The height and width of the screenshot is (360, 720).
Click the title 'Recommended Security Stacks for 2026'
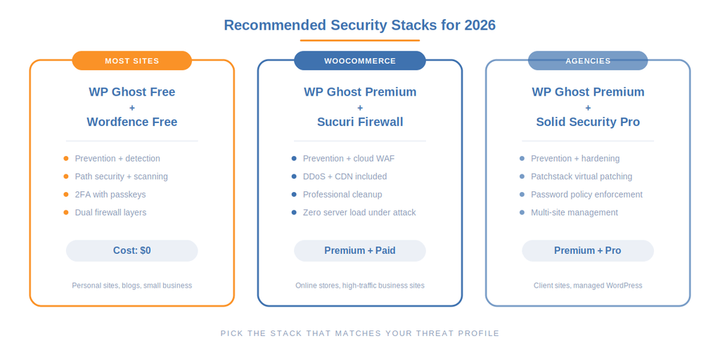pyautogui.click(x=359, y=25)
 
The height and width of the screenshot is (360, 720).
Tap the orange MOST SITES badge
pyautogui.click(x=131, y=61)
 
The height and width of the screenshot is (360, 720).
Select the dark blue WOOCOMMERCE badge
pyautogui.click(x=359, y=61)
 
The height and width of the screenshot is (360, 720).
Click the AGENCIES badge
pyautogui.click(x=587, y=61)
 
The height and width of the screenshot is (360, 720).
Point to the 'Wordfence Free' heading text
pyautogui.click(x=131, y=122)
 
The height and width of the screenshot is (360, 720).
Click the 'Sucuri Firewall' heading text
pyautogui.click(x=359, y=122)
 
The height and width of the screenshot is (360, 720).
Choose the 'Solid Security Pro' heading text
pyautogui.click(x=587, y=122)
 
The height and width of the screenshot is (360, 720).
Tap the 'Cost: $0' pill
pyautogui.click(x=131, y=251)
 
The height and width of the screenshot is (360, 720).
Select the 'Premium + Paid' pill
pyautogui.click(x=359, y=251)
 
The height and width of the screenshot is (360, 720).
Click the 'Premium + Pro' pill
pyautogui.click(x=587, y=251)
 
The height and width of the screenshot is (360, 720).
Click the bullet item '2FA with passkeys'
pyautogui.click(x=110, y=195)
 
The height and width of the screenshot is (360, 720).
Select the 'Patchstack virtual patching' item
pyautogui.click(x=581, y=176)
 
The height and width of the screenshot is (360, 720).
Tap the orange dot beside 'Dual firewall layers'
pyautogui.click(x=66, y=212)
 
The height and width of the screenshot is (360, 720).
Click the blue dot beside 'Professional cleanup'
pyautogui.click(x=294, y=195)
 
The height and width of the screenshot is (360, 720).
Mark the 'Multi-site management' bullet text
pyautogui.click(x=574, y=212)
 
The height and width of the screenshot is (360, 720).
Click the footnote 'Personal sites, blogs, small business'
pyautogui.click(x=131, y=285)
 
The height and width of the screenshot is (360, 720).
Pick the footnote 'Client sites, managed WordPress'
pyautogui.click(x=587, y=285)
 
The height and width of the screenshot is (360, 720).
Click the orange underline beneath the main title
pyautogui.click(x=359, y=41)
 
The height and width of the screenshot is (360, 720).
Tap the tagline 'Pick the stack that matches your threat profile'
pyautogui.click(x=359, y=333)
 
